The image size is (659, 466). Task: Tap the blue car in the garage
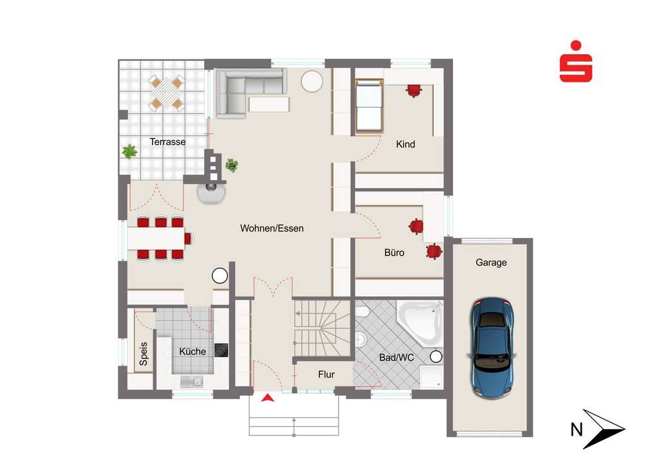(492, 348)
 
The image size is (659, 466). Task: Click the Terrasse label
(167, 142)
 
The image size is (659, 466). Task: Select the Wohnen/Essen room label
(272, 228)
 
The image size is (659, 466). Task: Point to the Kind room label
(405, 144)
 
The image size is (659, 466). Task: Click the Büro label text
(394, 253)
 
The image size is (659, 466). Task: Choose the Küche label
(192, 351)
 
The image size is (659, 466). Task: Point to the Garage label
(491, 263)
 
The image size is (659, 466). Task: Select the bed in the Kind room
(369, 106)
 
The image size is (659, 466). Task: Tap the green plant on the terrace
(129, 152)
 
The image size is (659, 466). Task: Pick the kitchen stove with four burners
(221, 350)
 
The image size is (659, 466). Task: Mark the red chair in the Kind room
(413, 90)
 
